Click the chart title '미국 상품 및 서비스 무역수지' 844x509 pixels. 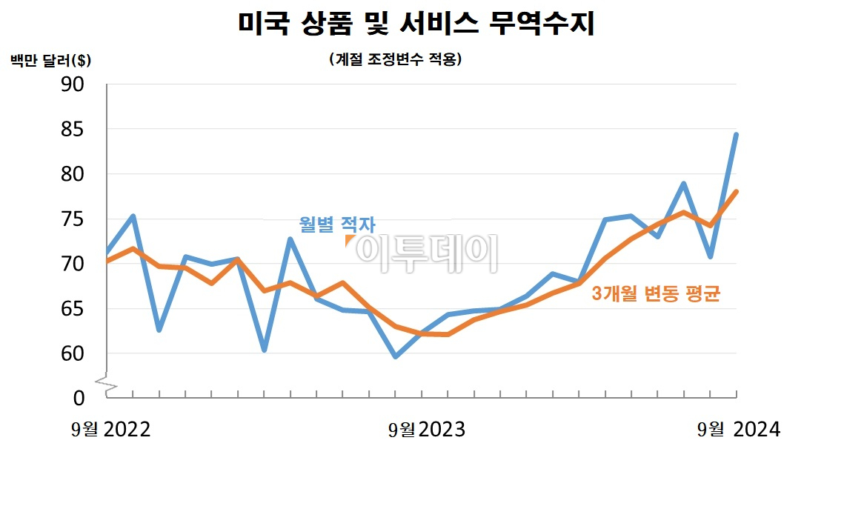click(416, 24)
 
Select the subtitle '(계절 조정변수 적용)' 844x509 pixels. click(395, 60)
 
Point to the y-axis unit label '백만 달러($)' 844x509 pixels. click(51, 60)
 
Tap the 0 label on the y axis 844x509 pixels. click(79, 398)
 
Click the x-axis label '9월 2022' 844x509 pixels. click(111, 430)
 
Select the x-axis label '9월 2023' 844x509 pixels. click(427, 430)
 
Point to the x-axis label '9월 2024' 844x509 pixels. click(739, 430)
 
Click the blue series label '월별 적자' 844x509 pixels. click(337, 224)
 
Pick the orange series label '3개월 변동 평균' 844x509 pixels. click(656, 294)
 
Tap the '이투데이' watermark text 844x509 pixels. click(427, 252)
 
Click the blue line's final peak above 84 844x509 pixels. click(736, 135)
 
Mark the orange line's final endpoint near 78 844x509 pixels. click(736, 192)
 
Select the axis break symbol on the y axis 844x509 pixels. click(107, 384)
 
